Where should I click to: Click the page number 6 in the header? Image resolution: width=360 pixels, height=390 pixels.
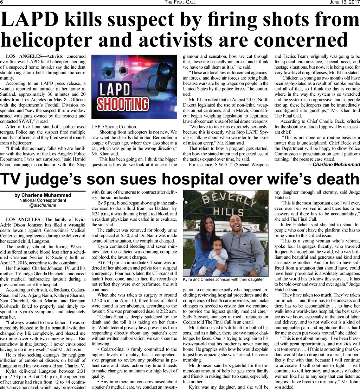coord(2,3)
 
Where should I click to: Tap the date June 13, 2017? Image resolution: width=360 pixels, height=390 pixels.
coord(344,3)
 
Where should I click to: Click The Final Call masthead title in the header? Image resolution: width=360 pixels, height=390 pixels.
coord(180,3)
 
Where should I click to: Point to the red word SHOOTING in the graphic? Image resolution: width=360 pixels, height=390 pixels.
coord(123,104)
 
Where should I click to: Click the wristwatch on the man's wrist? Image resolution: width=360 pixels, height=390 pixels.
coord(257,270)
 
